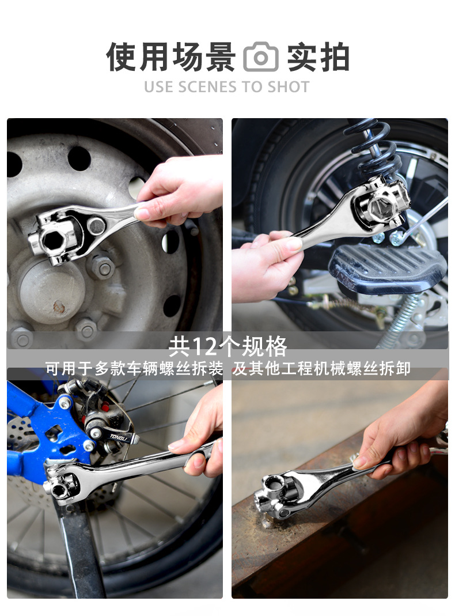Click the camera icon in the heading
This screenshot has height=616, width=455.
(x=261, y=57)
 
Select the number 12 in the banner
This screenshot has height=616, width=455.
(x=204, y=346)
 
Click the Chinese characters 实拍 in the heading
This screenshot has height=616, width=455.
(x=318, y=58)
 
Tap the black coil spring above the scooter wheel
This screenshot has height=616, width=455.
(x=373, y=149)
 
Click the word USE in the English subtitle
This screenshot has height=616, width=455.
(x=159, y=87)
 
